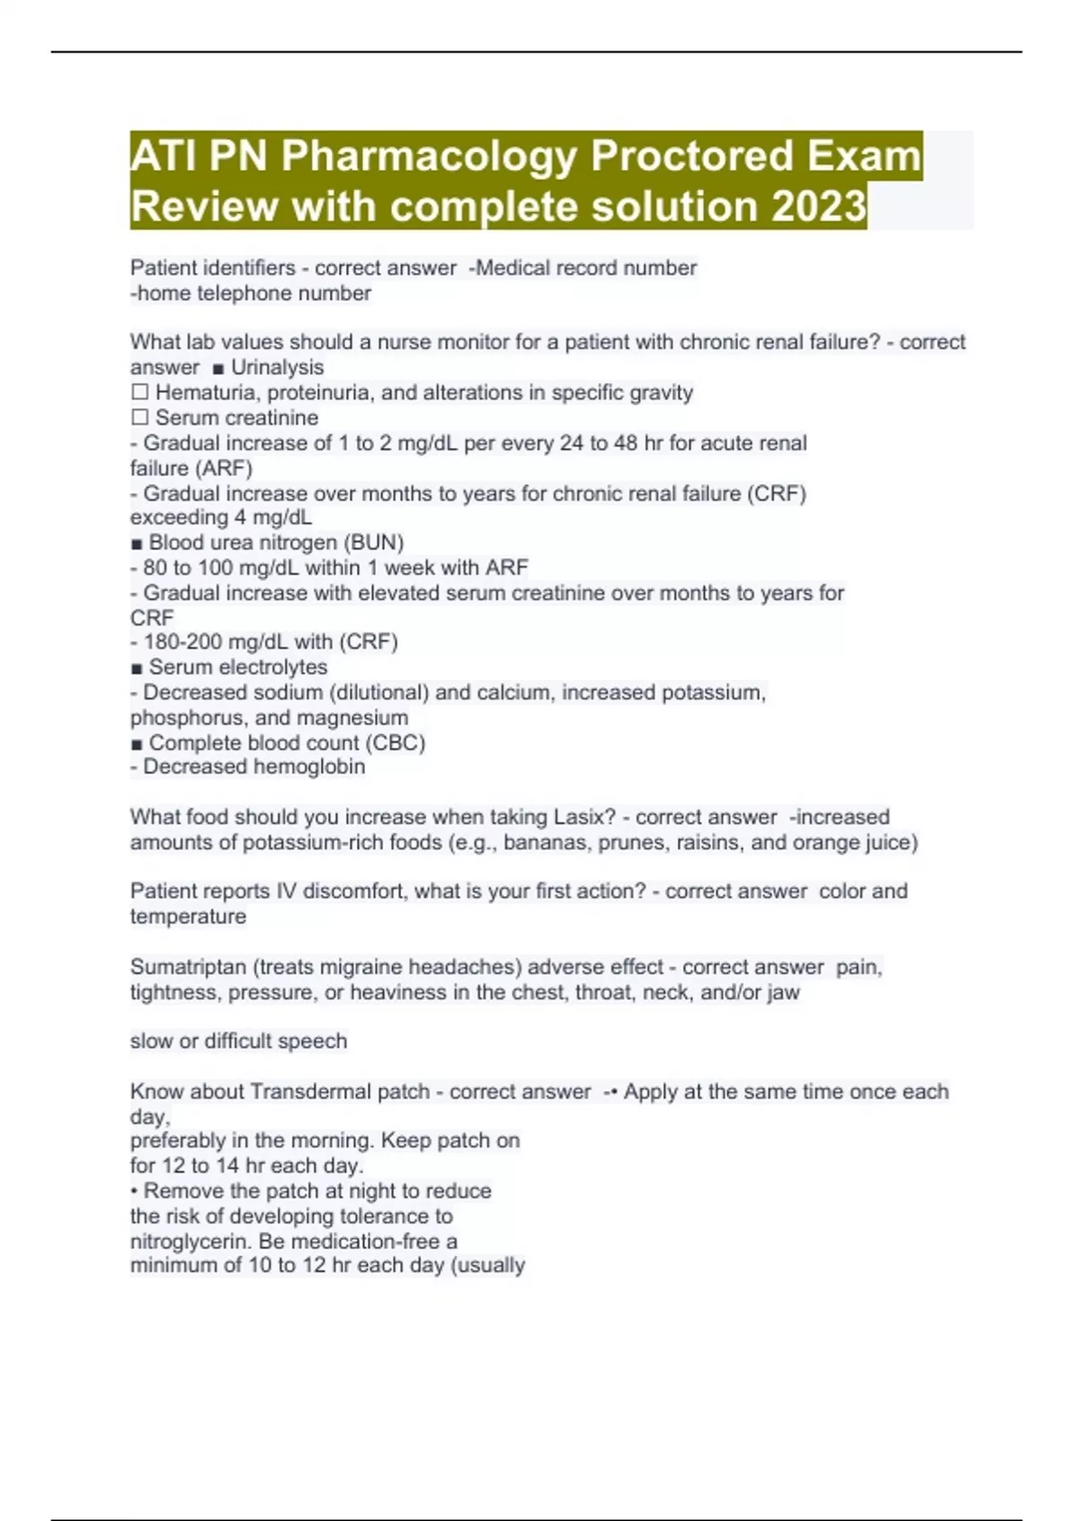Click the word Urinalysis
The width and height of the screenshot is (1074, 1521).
pos(277,368)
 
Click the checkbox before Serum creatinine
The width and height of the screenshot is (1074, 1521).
pos(140,418)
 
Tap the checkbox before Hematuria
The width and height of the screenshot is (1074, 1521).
pos(140,393)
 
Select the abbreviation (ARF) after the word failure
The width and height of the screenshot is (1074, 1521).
pos(222,468)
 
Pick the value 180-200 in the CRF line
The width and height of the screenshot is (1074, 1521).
pos(182,642)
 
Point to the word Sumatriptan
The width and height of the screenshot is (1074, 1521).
pos(189,967)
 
